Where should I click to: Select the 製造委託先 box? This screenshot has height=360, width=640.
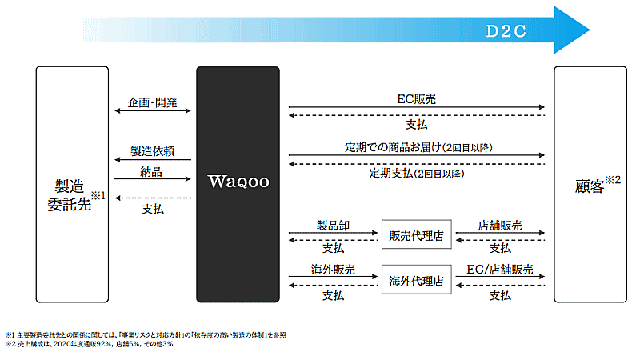click(x=72, y=183)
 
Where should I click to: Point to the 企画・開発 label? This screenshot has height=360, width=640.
click(x=153, y=103)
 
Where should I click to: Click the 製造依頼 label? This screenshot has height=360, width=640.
click(x=153, y=151)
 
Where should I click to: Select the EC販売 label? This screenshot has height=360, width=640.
click(x=416, y=99)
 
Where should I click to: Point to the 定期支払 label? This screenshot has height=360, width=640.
click(x=416, y=174)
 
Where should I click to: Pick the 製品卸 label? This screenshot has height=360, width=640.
click(x=333, y=226)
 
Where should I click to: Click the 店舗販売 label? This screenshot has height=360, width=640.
click(x=500, y=226)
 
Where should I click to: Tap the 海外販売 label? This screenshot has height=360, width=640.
click(x=333, y=271)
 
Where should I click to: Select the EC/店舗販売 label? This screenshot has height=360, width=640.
click(x=500, y=271)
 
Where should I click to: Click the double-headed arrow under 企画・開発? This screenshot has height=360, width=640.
click(x=153, y=113)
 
